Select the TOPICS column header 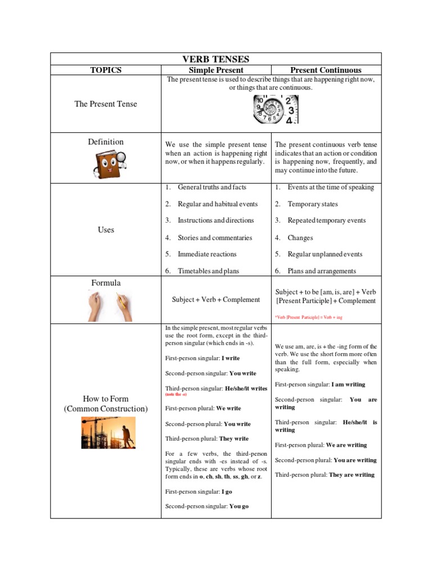coord(106,70)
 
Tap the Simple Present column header coord(216,70)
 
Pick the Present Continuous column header coord(326,70)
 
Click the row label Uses coord(106,230)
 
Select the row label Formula coord(106,283)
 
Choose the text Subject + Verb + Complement coord(216,300)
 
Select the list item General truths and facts coord(211,187)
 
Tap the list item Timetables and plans coord(208,271)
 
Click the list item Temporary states coord(313,204)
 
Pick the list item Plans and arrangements coord(322,271)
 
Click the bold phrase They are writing coord(352,475)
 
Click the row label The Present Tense coord(106,104)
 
